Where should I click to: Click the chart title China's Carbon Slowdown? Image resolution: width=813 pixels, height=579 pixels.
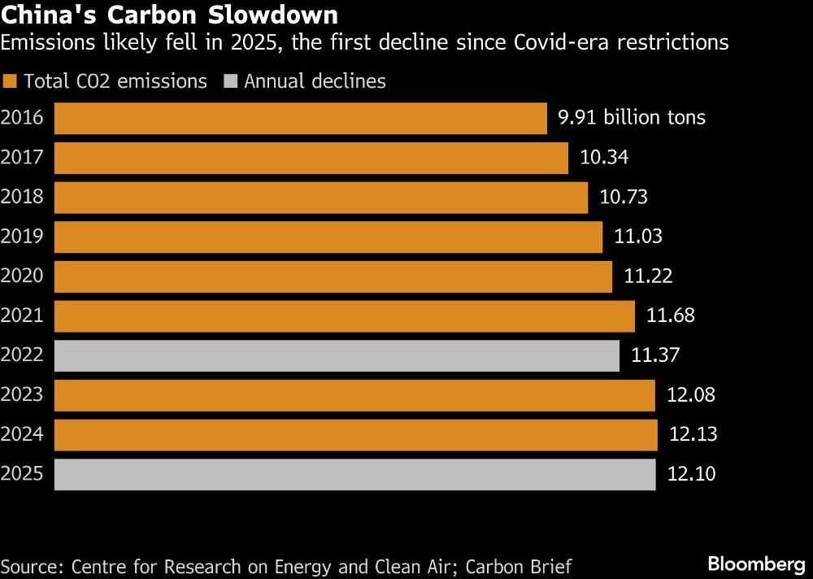coord(170,15)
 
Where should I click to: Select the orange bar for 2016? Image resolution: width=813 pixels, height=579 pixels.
coord(300,118)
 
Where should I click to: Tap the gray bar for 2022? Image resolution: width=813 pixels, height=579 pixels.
coord(337,355)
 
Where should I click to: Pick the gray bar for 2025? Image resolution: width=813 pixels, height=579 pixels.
coord(354,474)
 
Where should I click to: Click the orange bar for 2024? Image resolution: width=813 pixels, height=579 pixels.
coord(355,434)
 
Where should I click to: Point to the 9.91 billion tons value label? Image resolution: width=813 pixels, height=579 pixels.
coord(631,118)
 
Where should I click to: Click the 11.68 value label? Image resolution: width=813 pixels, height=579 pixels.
coord(671,316)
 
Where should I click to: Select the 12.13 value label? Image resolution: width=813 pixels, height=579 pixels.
coord(693,434)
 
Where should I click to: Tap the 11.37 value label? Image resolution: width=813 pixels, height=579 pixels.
coord(655,355)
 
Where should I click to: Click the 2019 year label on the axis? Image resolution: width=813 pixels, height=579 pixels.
coord(22,237)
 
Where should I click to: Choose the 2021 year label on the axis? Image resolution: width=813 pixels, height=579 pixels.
coord(22,316)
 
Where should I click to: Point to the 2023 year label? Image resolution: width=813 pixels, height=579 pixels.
coord(22,395)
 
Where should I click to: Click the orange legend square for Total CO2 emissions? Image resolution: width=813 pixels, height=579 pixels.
coord(10,81)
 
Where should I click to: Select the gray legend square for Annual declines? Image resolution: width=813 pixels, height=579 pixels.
coord(230,81)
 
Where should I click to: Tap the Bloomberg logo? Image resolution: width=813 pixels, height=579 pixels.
coord(755,564)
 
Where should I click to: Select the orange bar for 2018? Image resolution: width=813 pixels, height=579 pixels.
coord(320,197)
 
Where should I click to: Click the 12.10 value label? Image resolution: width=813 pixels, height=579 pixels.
coord(691,474)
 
